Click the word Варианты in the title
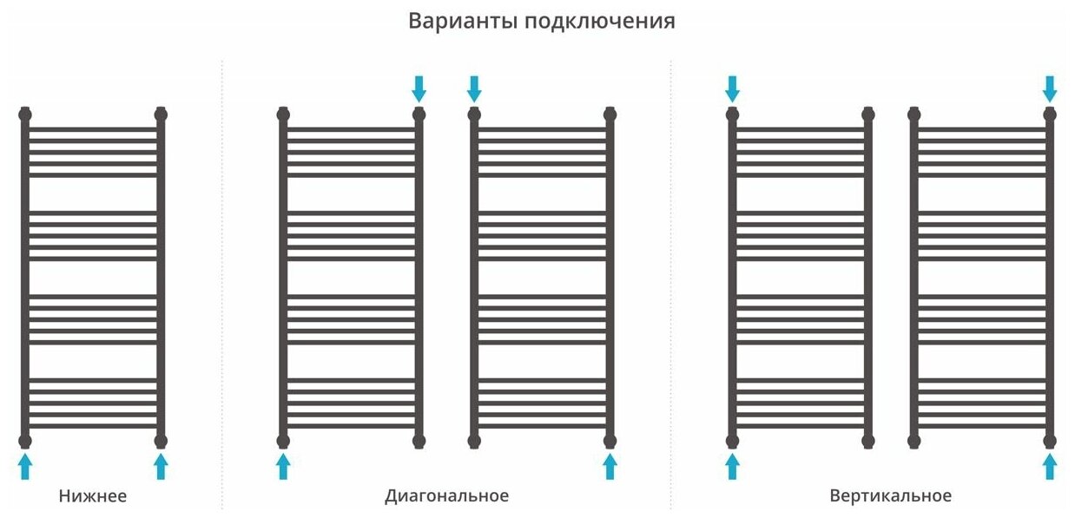(463, 21)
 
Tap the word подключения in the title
(600, 22)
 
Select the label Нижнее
(93, 496)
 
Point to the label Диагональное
(446, 496)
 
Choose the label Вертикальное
(890, 496)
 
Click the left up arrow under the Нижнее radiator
(25, 466)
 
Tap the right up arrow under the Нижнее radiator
(161, 466)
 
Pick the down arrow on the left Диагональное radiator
(419, 88)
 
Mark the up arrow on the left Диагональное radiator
(283, 466)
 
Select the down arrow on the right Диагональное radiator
(474, 88)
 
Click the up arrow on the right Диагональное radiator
(610, 466)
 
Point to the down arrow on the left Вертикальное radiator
(732, 88)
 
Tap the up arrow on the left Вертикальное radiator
(732, 466)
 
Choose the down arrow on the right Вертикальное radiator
(1050, 88)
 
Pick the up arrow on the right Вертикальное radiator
(1050, 466)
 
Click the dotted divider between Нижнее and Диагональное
(222, 286)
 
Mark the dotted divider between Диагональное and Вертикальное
(671, 286)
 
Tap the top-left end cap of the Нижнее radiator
(25, 113)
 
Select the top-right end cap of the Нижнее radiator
(161, 113)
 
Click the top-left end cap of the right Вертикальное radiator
(913, 113)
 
